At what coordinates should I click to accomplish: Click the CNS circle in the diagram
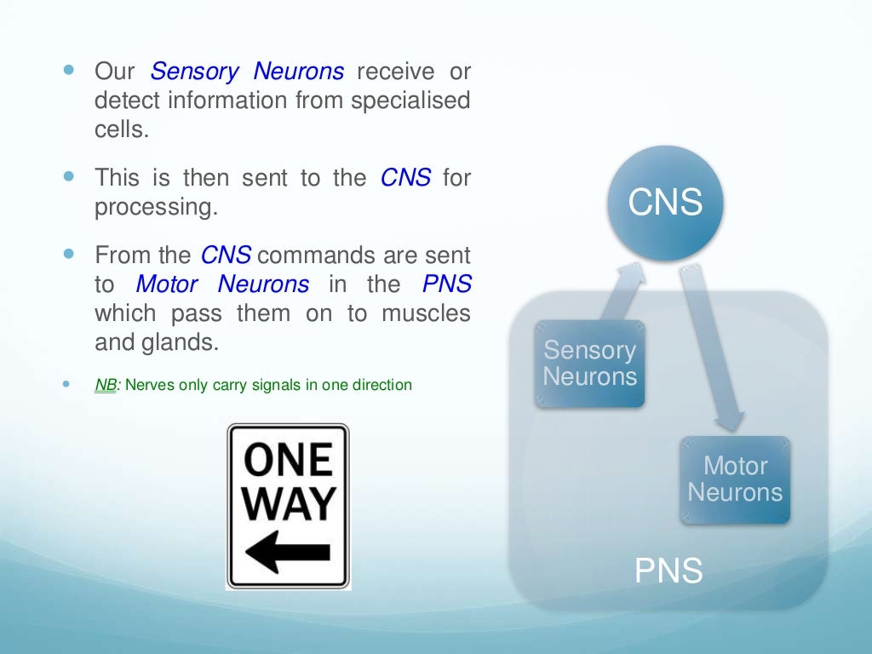pos(666,203)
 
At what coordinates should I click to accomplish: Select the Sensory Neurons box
pos(590,364)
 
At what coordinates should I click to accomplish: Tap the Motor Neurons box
pos(735,479)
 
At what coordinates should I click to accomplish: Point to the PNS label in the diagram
pos(668,571)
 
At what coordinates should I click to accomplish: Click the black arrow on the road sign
pos(286,553)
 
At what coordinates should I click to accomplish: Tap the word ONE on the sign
pos(288,460)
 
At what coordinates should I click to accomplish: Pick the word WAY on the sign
pos(288,504)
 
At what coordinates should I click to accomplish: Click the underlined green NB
pos(106,385)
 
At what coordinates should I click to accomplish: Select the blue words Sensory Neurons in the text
pos(247,71)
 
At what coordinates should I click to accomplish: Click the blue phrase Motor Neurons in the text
pos(223,284)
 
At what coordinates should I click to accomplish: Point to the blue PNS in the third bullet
pos(446,284)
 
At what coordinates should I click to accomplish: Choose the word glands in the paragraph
pos(182,343)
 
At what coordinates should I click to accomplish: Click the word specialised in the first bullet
pos(412,100)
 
